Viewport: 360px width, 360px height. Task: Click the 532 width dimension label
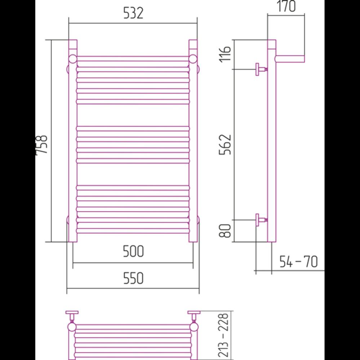(x=133, y=13)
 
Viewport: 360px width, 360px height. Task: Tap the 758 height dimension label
(x=41, y=145)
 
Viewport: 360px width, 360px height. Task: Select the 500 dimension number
(x=133, y=251)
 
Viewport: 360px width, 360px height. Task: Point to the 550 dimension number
(x=133, y=278)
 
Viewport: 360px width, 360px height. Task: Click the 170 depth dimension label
(x=286, y=6)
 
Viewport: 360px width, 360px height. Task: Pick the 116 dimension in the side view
(x=225, y=54)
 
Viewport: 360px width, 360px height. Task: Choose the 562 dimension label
(x=225, y=145)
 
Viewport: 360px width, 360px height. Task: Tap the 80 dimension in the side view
(x=225, y=231)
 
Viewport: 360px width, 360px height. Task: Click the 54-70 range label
(x=298, y=262)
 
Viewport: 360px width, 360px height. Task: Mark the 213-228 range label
(x=223, y=335)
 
